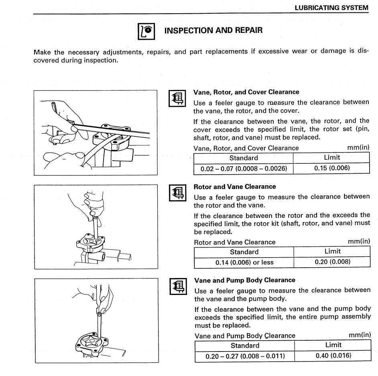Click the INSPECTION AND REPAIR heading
point(213,30)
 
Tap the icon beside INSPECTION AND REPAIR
point(145,31)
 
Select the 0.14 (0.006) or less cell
point(244,262)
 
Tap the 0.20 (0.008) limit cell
point(331,262)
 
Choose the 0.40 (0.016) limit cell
point(331,356)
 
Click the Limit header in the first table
point(331,158)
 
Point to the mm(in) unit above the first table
point(358,148)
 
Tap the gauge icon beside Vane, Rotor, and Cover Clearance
point(178,97)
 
